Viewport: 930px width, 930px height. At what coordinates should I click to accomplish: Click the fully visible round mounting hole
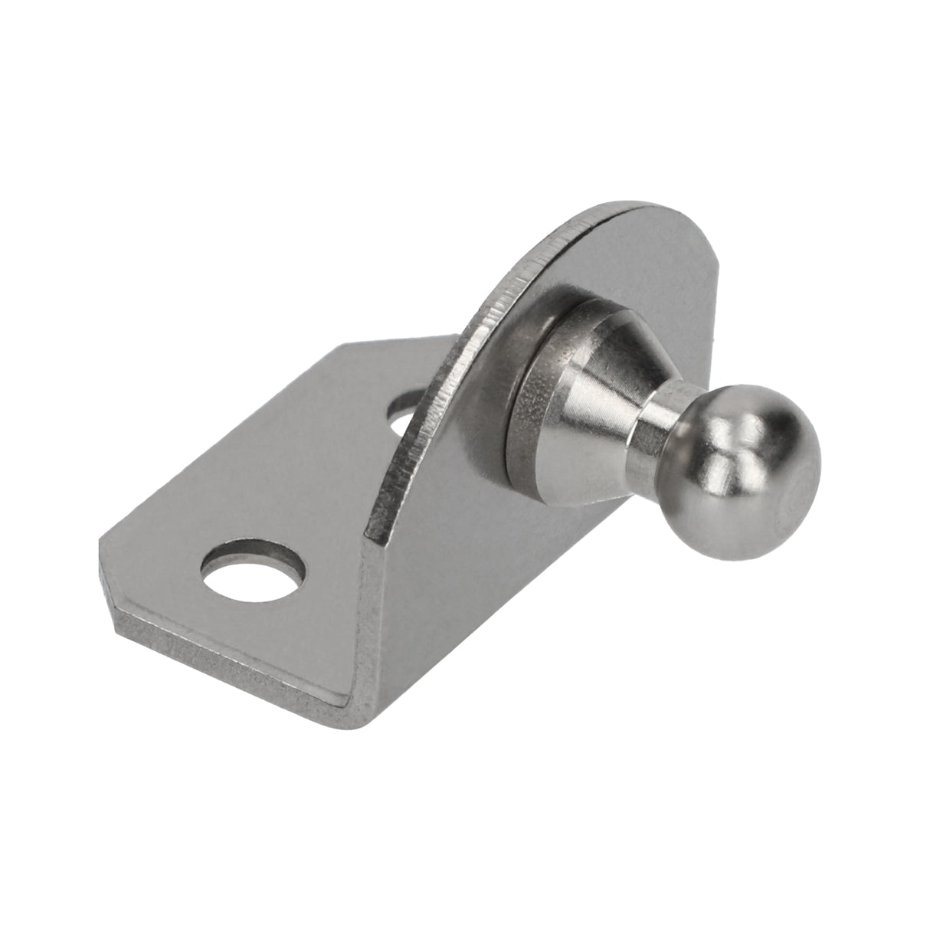(253, 571)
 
